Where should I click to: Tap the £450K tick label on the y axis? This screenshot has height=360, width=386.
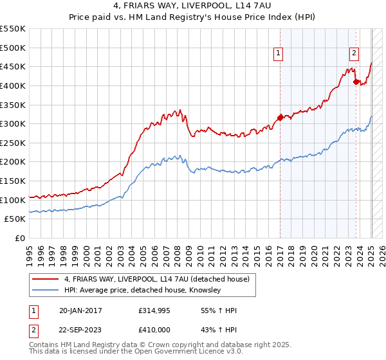(13, 66)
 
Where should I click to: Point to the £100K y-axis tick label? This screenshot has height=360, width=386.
(13, 200)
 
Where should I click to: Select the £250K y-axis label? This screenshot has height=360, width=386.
(13, 143)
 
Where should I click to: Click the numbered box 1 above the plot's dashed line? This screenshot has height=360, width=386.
(279, 54)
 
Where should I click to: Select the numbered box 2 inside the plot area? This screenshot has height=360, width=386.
(354, 54)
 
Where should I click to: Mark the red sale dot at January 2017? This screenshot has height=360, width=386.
(280, 117)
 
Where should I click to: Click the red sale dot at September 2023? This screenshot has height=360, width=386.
(356, 81)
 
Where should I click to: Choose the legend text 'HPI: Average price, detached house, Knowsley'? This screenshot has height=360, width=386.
(142, 290)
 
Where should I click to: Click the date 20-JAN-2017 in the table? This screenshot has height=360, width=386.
(80, 311)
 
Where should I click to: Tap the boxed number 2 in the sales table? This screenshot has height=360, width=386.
(33, 329)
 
